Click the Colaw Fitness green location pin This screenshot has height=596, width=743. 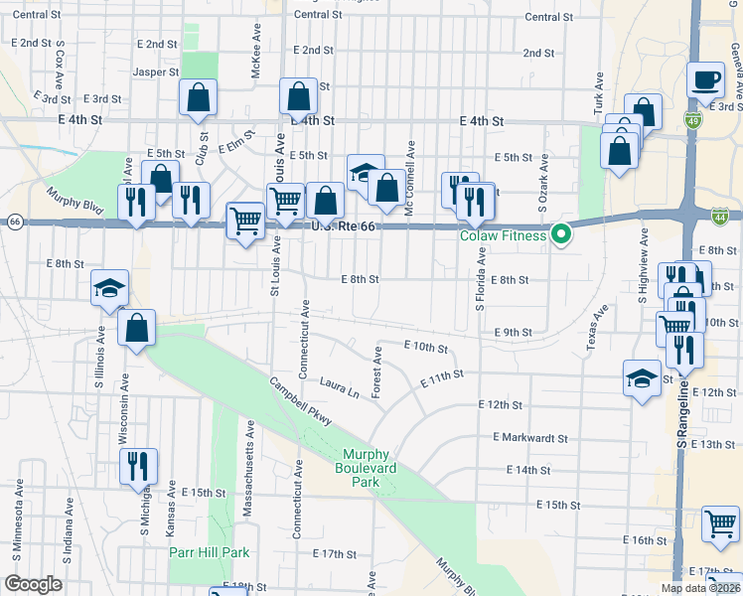[561, 235]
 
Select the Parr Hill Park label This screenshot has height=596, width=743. [208, 552]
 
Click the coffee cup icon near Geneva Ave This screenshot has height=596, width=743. [706, 79]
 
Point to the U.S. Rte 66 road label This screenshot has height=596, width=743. [331, 227]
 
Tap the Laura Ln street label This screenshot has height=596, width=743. [339, 382]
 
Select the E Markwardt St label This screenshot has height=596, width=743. [529, 437]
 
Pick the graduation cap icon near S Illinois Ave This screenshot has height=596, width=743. [110, 288]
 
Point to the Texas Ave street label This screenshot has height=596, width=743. [596, 328]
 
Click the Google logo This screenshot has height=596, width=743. [33, 584]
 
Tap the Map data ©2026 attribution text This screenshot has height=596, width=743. [699, 588]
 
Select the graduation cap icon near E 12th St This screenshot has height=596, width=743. [642, 376]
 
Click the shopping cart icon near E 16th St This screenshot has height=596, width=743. [720, 522]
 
